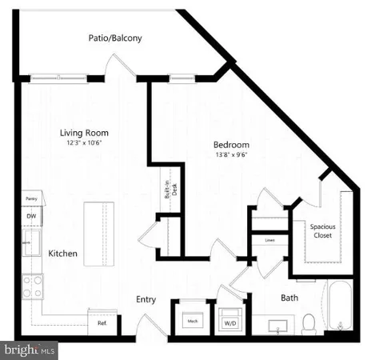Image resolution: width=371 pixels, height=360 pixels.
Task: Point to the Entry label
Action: (x=146, y=300)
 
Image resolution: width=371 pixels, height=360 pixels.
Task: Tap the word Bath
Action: (x=289, y=298)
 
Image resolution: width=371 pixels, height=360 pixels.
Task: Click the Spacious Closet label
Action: (x=323, y=231)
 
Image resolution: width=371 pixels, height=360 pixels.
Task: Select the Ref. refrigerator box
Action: (x=102, y=323)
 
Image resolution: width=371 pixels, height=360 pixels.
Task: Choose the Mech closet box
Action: (x=193, y=320)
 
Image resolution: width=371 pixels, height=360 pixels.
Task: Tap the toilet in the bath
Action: (x=308, y=324)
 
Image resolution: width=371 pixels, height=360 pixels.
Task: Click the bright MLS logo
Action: (x=30, y=350)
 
